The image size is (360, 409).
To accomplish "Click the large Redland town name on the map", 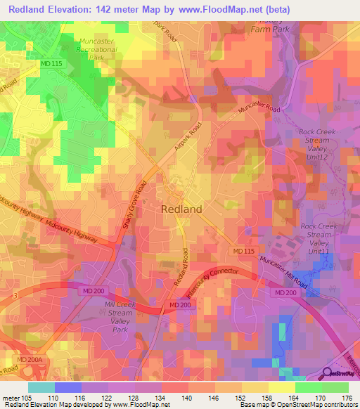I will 181,209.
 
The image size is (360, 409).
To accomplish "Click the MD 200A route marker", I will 30,359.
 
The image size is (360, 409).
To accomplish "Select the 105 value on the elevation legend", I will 27,397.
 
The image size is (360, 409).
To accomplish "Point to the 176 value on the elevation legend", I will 345,397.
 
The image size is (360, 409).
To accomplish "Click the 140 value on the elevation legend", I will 186,397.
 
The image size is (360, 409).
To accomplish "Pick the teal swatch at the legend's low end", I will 41,387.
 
